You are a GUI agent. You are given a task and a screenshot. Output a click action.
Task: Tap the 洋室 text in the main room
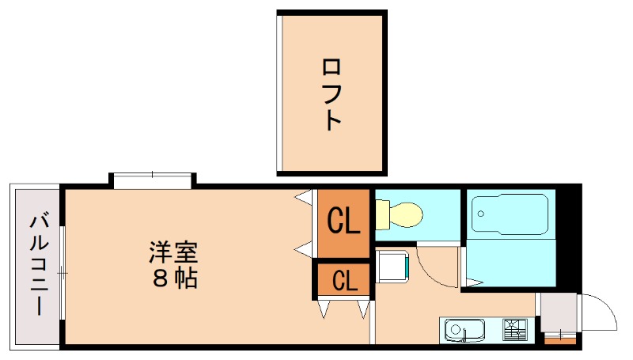coord(172,254)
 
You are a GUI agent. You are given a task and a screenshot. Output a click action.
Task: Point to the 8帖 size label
coord(172,279)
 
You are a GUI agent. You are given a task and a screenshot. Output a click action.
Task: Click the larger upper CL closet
coord(344,222)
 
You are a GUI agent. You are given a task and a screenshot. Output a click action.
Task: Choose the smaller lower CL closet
coord(344,279)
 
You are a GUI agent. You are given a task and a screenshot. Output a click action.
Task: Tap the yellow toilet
coord(402,214)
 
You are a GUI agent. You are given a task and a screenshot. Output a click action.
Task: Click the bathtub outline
coord(510,214)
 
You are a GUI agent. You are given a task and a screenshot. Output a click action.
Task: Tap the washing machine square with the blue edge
coord(392,266)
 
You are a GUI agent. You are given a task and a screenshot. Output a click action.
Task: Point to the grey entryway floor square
coord(558,313)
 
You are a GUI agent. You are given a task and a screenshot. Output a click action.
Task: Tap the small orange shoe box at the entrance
coord(561,341)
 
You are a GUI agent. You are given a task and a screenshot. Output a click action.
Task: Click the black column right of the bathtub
coord(569,237)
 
